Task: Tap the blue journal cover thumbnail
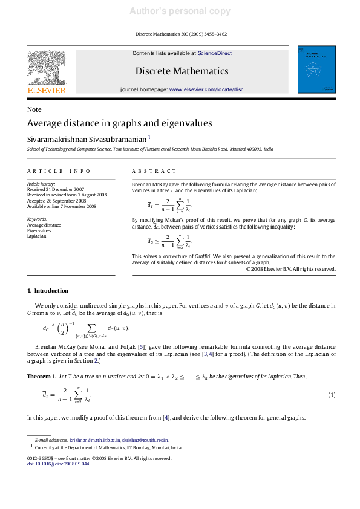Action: [316, 69]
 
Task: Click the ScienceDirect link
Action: [215, 53]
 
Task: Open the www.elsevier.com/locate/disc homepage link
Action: [206, 89]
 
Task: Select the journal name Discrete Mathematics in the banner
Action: [182, 71]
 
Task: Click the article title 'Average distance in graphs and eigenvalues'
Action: [120, 123]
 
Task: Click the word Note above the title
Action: [34, 109]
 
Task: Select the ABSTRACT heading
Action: [154, 172]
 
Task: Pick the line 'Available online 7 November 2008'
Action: [62, 206]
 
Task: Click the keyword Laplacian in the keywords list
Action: [37, 236]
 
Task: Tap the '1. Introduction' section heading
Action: [48, 291]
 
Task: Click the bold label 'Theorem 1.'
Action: [42, 377]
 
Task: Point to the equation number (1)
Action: [332, 395]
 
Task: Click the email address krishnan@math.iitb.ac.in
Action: [94, 441]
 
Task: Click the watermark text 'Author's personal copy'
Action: [180, 11]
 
